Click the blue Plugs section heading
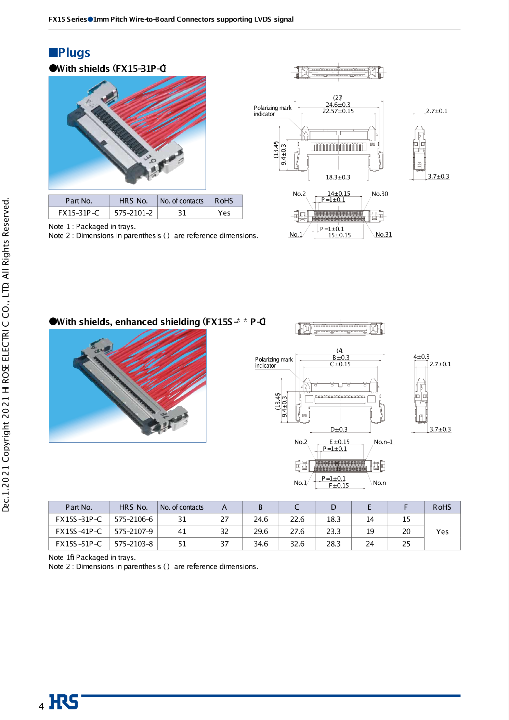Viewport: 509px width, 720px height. [x=70, y=53]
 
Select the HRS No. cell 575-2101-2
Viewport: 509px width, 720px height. [x=133, y=213]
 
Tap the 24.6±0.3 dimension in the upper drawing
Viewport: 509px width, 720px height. [x=338, y=105]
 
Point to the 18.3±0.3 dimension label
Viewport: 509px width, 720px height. [x=338, y=177]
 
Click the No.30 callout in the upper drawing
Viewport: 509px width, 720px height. [x=380, y=194]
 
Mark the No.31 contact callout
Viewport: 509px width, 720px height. [x=383, y=235]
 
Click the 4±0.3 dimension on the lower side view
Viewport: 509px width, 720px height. [x=421, y=357]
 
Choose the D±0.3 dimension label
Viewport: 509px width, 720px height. [x=339, y=430]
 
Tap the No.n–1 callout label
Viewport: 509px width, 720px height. [x=383, y=442]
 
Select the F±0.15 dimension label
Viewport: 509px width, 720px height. [x=339, y=486]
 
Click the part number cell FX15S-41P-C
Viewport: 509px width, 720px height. [x=79, y=532]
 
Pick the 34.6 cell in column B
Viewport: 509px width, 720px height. [x=261, y=544]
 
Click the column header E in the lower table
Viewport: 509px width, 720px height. [x=369, y=507]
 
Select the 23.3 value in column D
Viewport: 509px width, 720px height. [x=333, y=532]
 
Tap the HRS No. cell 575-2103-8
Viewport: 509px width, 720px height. [x=133, y=544]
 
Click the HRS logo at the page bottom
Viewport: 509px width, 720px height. [x=64, y=702]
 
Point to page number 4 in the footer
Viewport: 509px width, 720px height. [x=41, y=706]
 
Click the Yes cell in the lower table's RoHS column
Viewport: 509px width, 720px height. [x=442, y=532]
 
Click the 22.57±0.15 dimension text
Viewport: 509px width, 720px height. [x=338, y=111]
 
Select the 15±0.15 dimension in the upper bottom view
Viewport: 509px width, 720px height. [x=339, y=235]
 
